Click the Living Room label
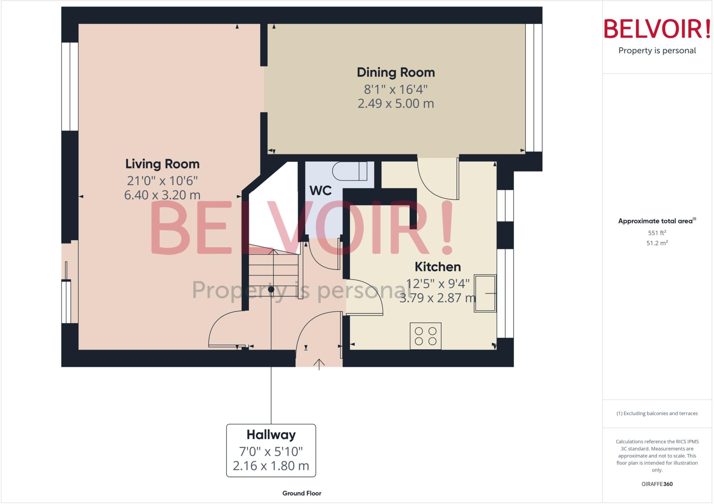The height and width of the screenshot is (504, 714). tap(162, 164)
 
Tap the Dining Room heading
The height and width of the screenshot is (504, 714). tap(396, 72)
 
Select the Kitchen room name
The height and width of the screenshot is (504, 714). tap(438, 267)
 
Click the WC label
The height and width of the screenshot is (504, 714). tap(320, 191)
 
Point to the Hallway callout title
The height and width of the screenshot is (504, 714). tap(271, 435)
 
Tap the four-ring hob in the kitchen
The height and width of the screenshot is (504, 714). tap(425, 336)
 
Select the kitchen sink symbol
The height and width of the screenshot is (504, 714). tap(485, 293)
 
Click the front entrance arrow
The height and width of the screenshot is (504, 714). tap(319, 364)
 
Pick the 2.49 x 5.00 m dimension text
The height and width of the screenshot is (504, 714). tap(396, 103)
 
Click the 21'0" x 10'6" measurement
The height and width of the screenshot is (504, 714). tap(162, 181)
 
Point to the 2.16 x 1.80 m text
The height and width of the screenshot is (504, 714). tap(271, 466)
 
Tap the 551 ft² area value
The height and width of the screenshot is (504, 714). tap(657, 233)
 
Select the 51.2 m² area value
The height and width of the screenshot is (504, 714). tap(657, 243)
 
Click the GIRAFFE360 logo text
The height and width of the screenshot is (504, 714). tap(657, 484)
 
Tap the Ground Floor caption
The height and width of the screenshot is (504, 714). tap(302, 493)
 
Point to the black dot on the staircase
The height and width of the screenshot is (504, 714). tap(271, 289)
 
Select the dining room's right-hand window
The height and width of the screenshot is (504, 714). tap(534, 87)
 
